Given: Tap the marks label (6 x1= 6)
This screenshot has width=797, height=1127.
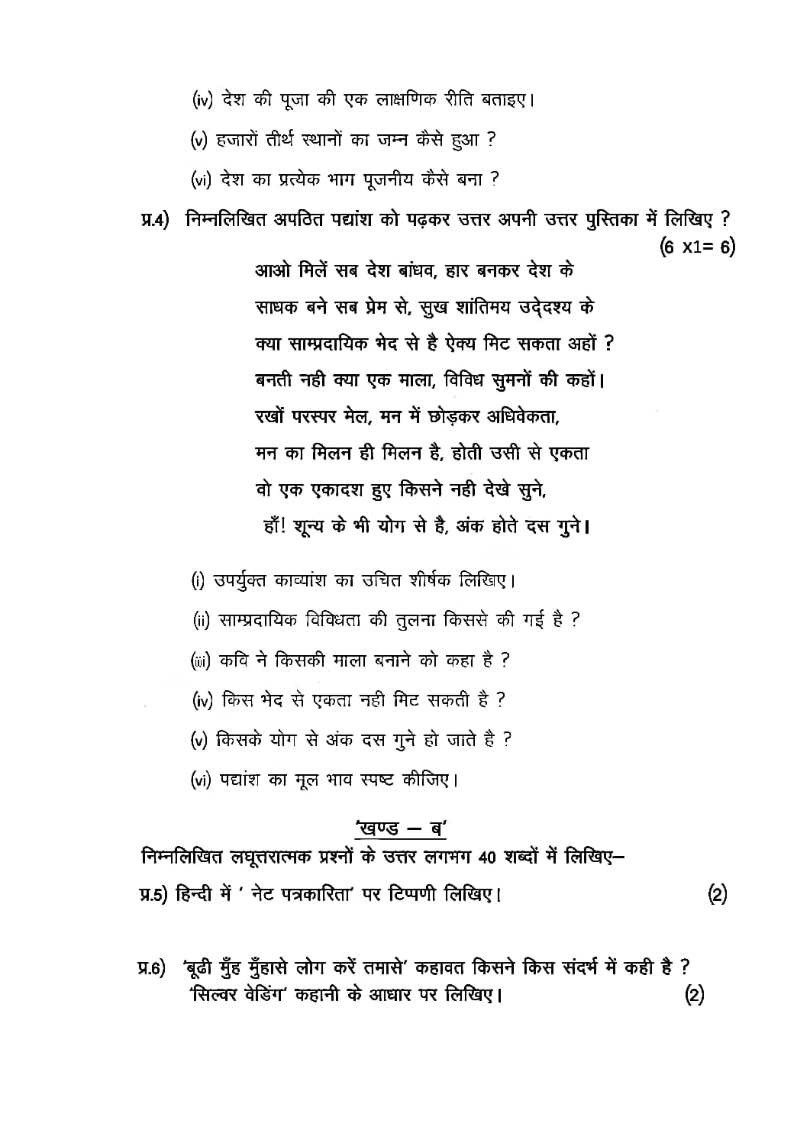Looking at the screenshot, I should (697, 247).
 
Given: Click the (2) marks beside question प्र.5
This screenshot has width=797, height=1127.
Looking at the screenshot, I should (717, 894).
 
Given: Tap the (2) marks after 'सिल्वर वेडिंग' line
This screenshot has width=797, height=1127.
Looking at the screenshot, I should (694, 995).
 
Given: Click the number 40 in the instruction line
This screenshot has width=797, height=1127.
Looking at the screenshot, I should (489, 858).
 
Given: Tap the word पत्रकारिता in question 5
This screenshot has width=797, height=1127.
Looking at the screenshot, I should (315, 893).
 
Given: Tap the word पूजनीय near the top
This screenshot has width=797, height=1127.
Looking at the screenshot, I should (379, 179).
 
